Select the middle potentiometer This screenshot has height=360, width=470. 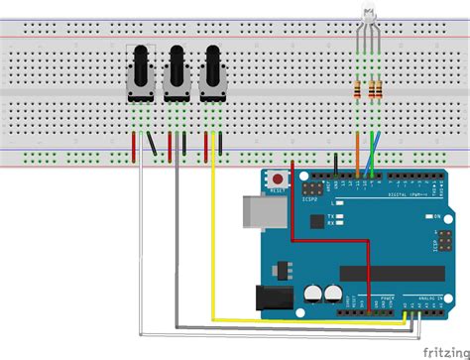click(x=176, y=71)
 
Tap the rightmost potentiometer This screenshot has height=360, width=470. click(x=211, y=71)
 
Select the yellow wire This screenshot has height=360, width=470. click(x=213, y=248)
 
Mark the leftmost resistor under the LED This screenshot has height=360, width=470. click(x=358, y=91)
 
